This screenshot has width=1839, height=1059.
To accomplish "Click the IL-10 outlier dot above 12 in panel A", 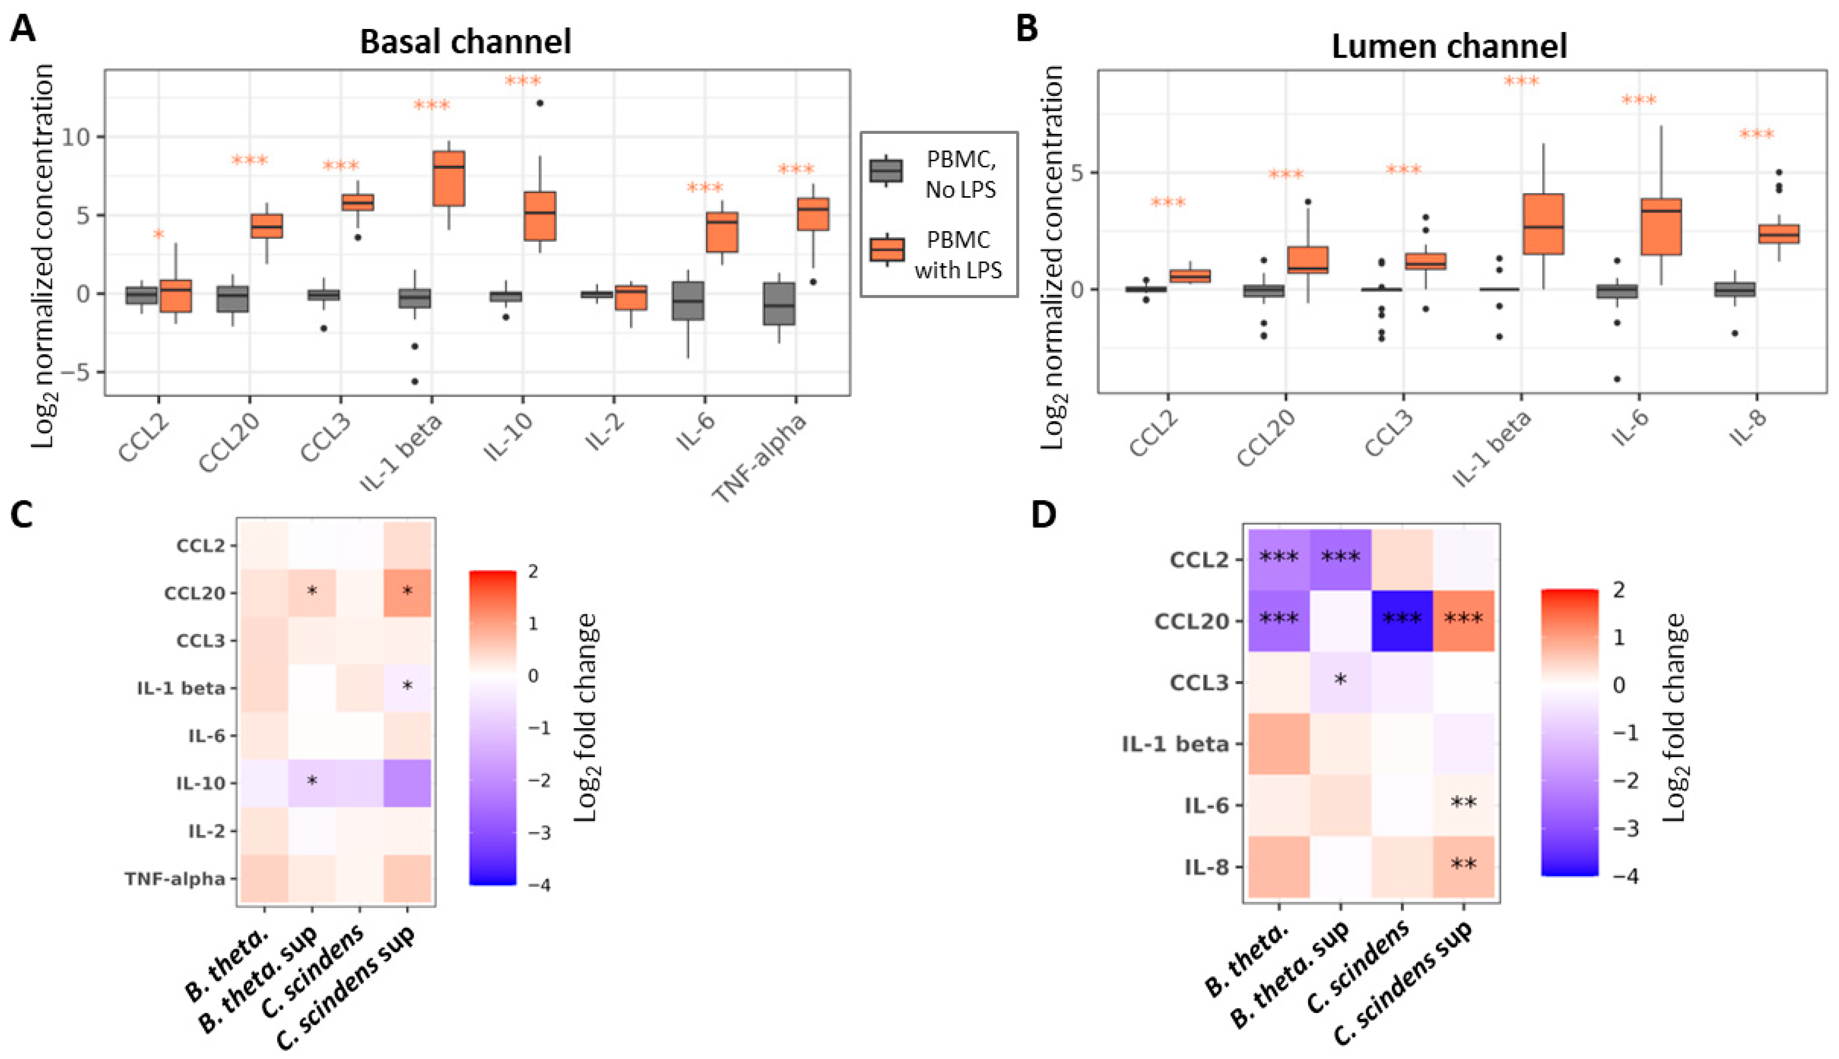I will point(540,103).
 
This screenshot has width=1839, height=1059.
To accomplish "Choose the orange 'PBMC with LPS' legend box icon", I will point(886,249).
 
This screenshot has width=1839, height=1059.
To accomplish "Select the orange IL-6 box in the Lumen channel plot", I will point(1661,226).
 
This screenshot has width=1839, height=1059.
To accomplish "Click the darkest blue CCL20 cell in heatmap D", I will point(1402,620).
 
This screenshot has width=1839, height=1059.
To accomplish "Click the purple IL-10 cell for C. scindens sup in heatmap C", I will point(407,783).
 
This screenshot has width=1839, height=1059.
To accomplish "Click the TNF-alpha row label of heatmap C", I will point(174,880).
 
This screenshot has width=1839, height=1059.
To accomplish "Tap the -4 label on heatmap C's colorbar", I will point(539,885).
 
